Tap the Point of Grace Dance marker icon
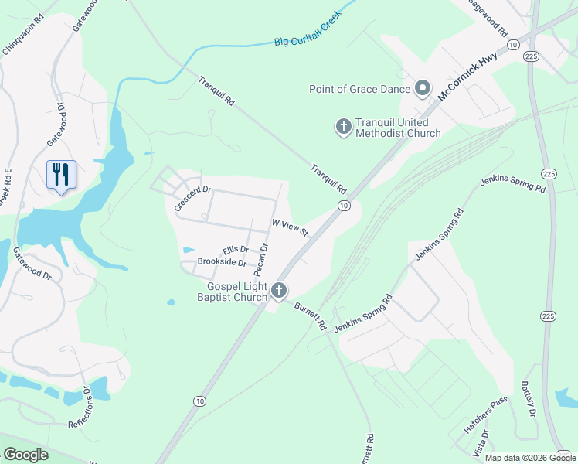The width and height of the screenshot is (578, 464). (423, 89)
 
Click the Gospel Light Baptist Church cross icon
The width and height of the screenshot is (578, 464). (278, 291)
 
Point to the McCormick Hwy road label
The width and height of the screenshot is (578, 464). (467, 73)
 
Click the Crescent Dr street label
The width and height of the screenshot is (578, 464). (192, 199)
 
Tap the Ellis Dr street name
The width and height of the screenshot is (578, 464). (235, 250)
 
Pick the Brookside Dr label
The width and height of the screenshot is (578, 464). (221, 263)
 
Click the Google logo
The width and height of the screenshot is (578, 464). (25, 455)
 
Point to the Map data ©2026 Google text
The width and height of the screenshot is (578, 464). (530, 458)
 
